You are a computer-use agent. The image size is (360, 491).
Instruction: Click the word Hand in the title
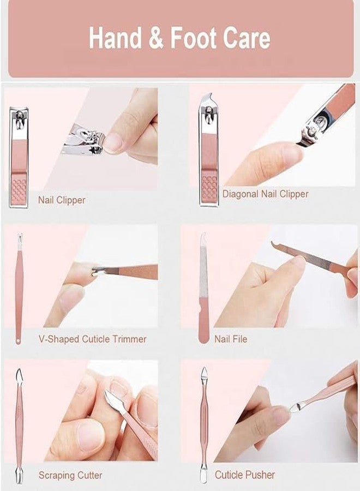pyautogui.click(x=115, y=38)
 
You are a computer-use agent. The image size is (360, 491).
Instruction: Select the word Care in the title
pyautogui.click(x=247, y=38)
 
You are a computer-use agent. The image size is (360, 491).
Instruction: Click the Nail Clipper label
pyautogui.click(x=62, y=200)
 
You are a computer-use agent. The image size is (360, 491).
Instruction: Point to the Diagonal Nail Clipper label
pyautogui.click(x=265, y=194)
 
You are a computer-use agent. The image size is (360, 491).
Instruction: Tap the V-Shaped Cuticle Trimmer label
pyautogui.click(x=92, y=339)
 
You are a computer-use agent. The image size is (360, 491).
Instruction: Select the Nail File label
pyautogui.click(x=231, y=339)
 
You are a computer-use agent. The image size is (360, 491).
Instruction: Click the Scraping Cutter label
pyautogui.click(x=70, y=475)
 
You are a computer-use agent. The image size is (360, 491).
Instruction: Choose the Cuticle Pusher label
pyautogui.click(x=244, y=475)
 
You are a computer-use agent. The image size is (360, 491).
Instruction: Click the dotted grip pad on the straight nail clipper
pyautogui.click(x=19, y=191)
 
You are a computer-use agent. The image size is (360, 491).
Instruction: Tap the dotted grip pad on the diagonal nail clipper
pyautogui.click(x=209, y=188)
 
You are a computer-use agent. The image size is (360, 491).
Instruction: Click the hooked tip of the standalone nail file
pyautogui.click(x=203, y=236)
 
